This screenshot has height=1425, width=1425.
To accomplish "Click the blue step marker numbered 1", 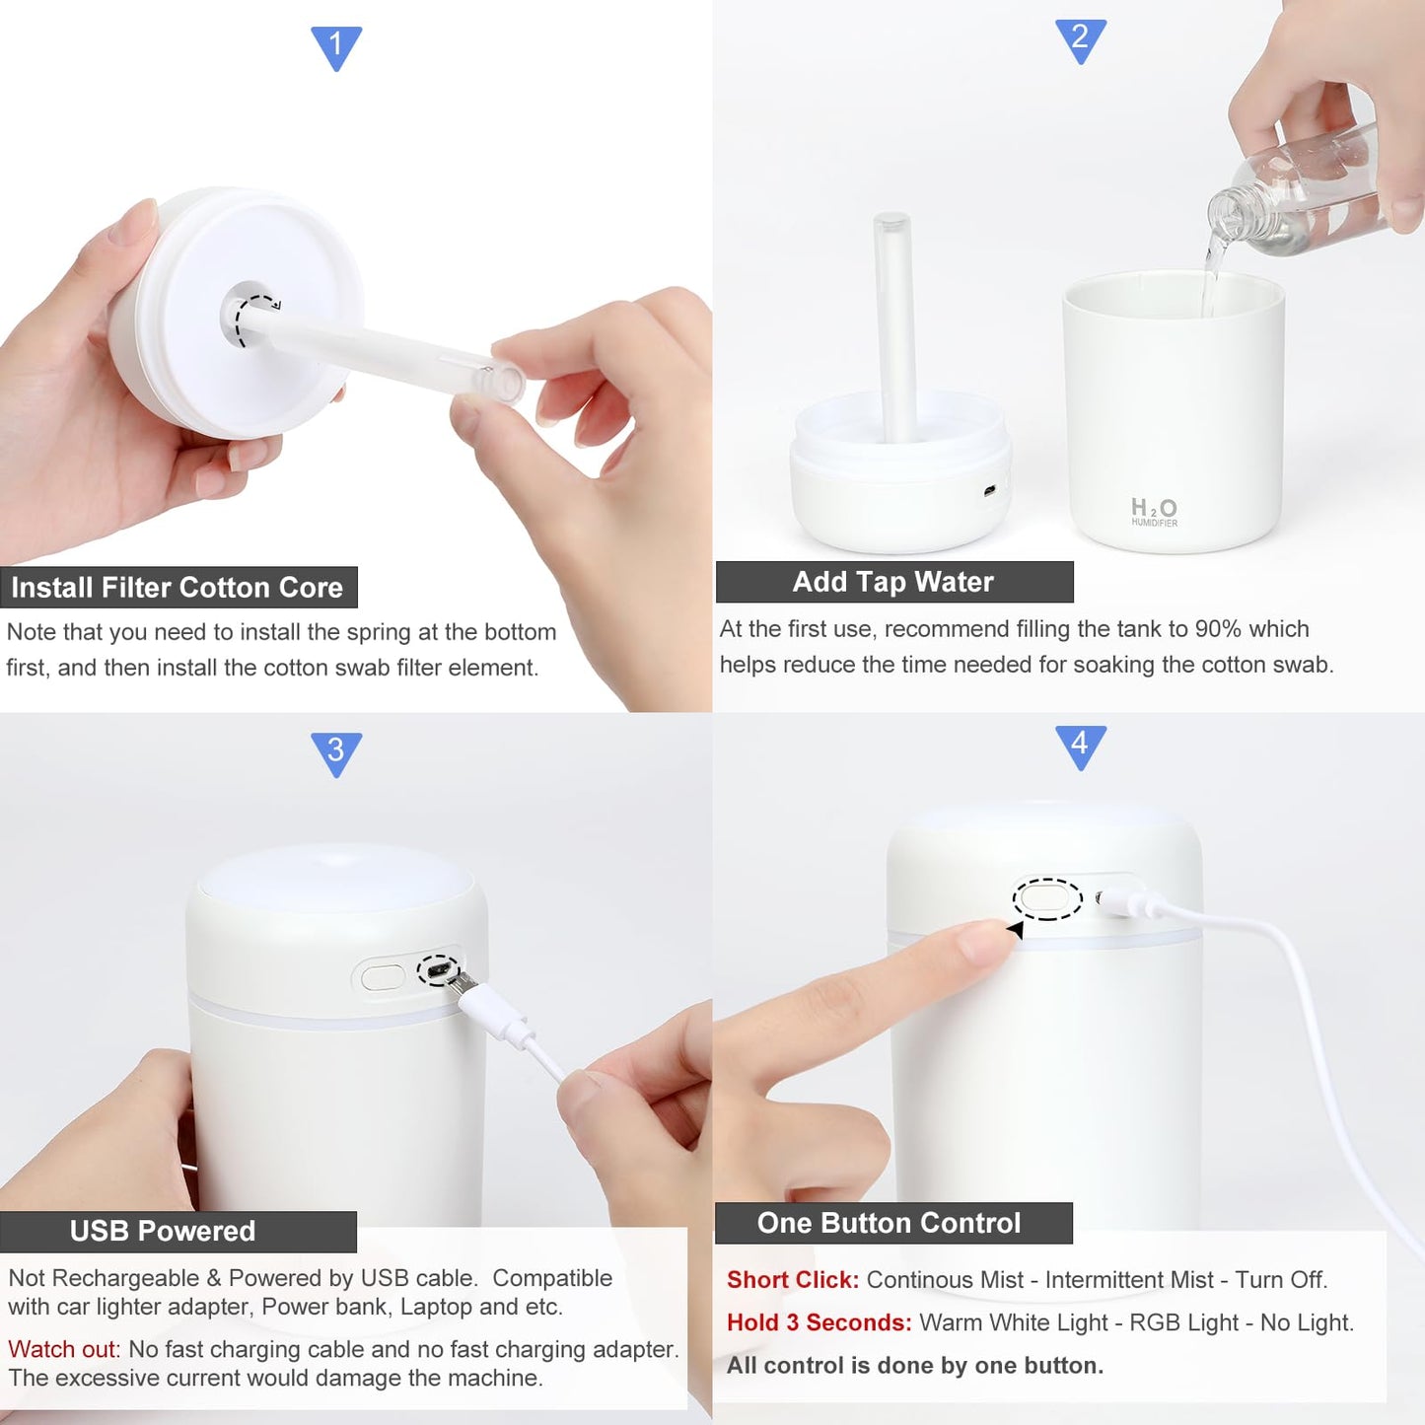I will click(x=336, y=46).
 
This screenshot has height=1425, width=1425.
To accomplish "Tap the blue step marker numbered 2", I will click(x=1080, y=39).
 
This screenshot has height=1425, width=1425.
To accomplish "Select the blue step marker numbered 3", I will click(x=336, y=752).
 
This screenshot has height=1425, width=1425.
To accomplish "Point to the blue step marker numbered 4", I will click(x=1080, y=746).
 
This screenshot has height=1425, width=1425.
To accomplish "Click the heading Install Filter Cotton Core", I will click(x=178, y=588).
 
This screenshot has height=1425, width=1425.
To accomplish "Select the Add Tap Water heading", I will click(x=893, y=582).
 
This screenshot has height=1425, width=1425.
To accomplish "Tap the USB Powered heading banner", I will click(x=164, y=1231).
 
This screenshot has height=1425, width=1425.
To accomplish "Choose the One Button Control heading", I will click(x=890, y=1223).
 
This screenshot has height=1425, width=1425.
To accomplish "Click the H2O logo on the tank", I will click(x=1153, y=510).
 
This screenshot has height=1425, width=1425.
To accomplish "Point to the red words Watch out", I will click(x=63, y=1349).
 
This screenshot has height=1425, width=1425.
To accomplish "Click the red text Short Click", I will click(x=792, y=1280).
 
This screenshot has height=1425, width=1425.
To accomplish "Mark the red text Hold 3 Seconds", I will click(x=819, y=1322).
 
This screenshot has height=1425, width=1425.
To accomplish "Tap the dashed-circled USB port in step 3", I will click(x=438, y=970).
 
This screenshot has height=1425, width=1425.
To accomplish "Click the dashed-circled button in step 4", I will click(x=1047, y=898).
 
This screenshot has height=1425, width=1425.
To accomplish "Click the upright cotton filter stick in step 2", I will click(x=895, y=325).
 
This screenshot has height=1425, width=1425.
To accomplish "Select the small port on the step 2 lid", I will click(x=989, y=490).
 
